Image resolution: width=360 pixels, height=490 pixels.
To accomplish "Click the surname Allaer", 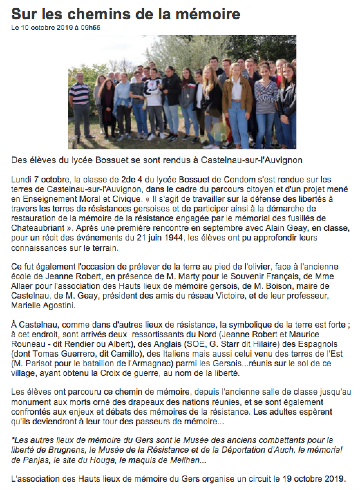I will (x=21, y=286).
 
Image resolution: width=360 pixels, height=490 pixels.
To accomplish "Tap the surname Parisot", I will (x=35, y=364).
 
